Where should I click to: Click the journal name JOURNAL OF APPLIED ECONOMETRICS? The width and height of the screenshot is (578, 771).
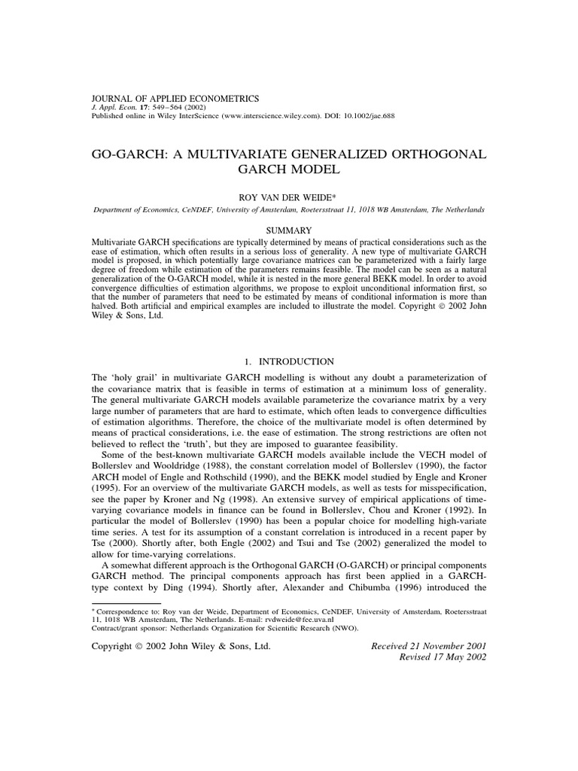coord(175,98)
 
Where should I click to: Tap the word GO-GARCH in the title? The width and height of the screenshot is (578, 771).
coord(128,154)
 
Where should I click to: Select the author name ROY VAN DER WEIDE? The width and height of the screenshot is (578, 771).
coord(288,197)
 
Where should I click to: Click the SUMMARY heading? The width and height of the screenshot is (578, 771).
coord(288,229)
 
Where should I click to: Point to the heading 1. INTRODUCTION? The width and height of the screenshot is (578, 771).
coord(288,362)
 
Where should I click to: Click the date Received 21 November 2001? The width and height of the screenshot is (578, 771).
coord(429,645)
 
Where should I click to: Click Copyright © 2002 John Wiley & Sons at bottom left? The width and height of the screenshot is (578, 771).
coord(181,646)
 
